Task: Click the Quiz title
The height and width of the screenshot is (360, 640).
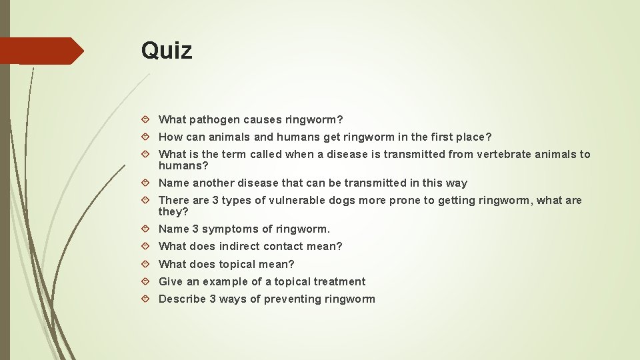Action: tap(167, 51)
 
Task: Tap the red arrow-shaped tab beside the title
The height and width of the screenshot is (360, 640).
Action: tap(41, 51)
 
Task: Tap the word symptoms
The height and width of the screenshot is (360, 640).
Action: tap(231, 229)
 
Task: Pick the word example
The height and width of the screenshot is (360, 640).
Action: tap(225, 281)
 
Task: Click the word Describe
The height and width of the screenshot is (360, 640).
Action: tap(182, 299)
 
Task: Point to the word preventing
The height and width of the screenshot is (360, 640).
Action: tap(292, 299)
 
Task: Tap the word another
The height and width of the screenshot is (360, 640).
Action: tap(213, 183)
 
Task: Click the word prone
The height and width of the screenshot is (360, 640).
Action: tap(406, 200)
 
